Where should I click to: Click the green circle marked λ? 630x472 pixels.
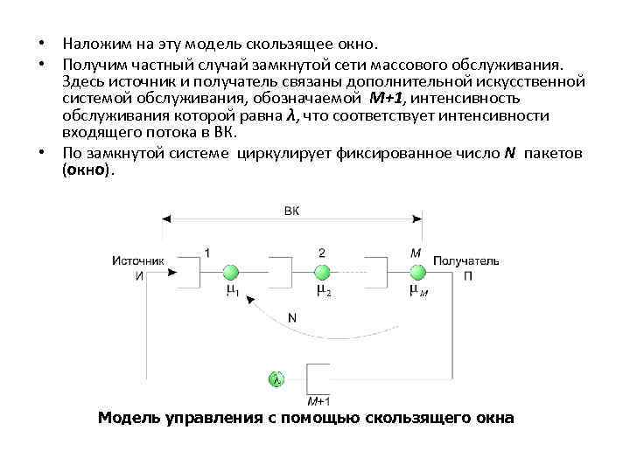tap(276, 379)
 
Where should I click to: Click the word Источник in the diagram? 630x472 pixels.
tap(138, 260)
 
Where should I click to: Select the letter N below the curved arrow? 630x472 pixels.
tap(291, 318)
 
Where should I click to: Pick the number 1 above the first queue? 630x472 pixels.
tap(206, 253)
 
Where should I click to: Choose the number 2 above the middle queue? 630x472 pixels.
tap(321, 253)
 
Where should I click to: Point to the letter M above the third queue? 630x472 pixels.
tap(415, 253)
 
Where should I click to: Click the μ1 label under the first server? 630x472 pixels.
tap(232, 290)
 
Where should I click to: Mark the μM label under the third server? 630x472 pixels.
tap(417, 290)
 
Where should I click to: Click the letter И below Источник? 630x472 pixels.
tap(139, 274)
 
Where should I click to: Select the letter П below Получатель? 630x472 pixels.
tap(468, 274)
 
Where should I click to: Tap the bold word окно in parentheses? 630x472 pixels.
tap(87, 171)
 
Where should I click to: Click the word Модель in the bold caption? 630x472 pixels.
tap(129, 418)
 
